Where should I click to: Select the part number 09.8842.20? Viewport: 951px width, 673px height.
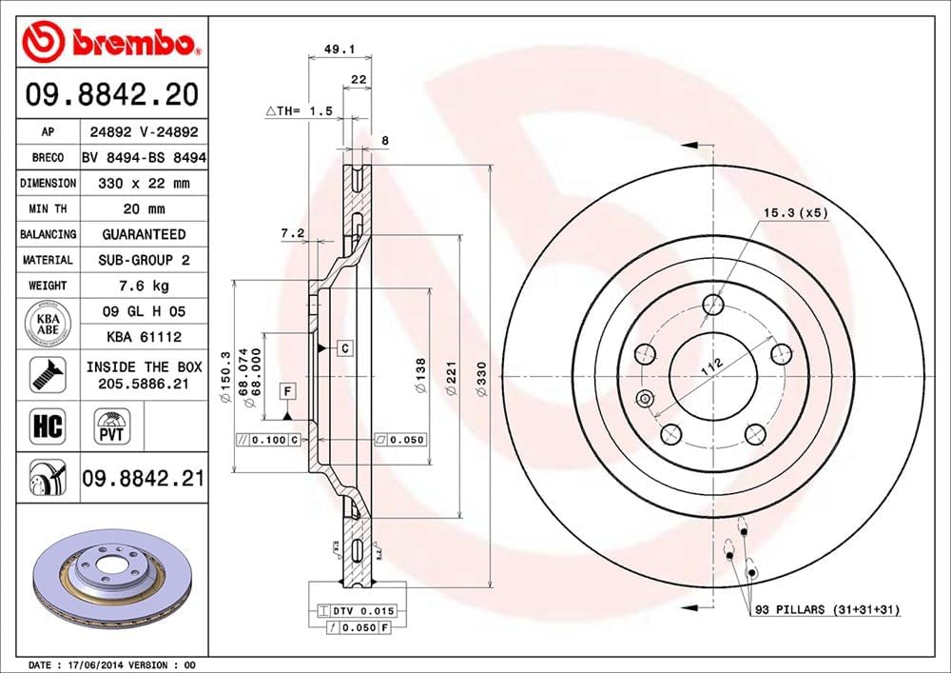[113, 95]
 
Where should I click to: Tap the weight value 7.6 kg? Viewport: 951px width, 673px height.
[144, 286]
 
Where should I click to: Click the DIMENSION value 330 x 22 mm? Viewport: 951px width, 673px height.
[144, 183]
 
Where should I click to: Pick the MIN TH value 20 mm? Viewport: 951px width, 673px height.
[144, 208]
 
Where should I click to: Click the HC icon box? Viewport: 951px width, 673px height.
[47, 426]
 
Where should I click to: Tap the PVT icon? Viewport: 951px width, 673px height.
[112, 426]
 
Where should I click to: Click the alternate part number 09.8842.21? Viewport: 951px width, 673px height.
[144, 479]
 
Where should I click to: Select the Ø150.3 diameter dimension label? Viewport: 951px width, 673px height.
[225, 376]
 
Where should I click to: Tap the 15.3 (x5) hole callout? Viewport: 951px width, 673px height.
[795, 212]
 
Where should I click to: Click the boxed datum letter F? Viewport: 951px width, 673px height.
[285, 391]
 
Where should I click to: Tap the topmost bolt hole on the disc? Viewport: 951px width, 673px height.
[713, 304]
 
